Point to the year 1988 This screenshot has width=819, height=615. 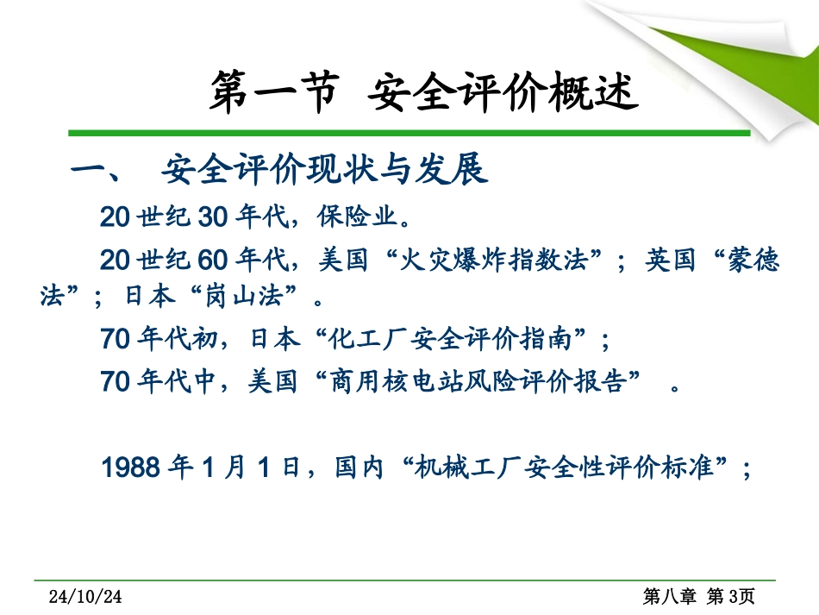click(x=132, y=468)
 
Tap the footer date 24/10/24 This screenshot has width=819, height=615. click(x=87, y=597)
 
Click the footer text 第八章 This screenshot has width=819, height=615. click(x=669, y=597)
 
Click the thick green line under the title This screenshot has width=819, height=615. click(x=409, y=133)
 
